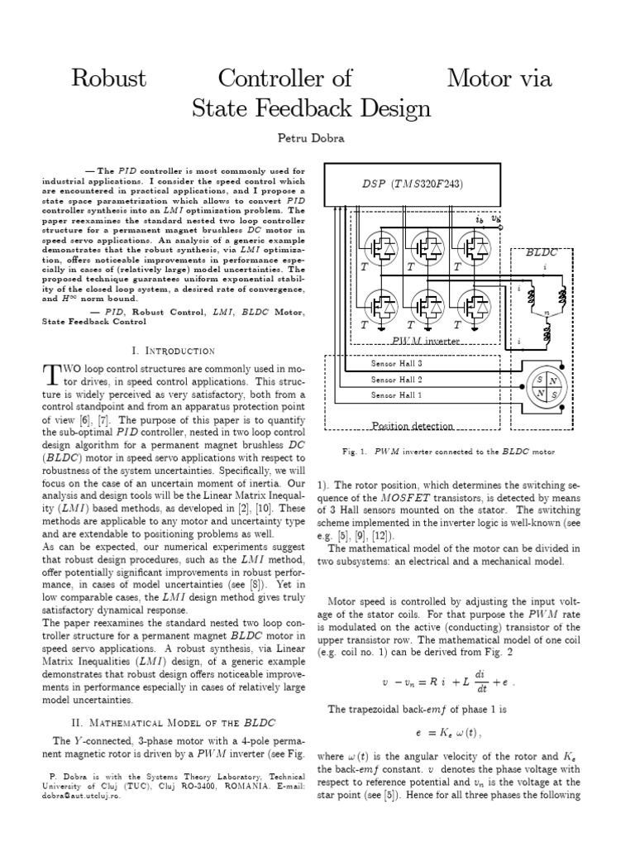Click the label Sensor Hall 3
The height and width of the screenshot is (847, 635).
coord(396,363)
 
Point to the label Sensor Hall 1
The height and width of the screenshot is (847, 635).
coord(396,395)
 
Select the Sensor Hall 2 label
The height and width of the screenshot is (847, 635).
coord(396,379)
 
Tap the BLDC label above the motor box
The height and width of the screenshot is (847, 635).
coord(542,254)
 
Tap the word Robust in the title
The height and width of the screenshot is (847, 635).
coord(109,79)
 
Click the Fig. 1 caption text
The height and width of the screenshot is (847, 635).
coord(447,452)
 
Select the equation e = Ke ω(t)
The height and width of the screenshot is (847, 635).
coord(446,733)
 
